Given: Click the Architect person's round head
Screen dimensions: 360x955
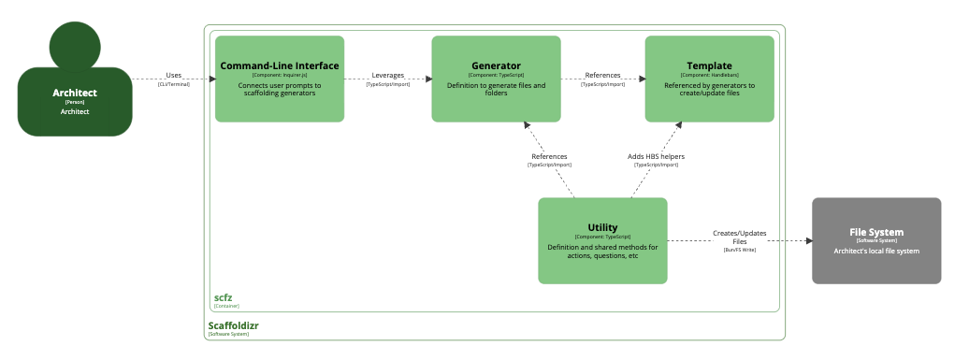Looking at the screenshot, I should (75, 45).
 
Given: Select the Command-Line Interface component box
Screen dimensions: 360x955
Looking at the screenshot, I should (280, 79).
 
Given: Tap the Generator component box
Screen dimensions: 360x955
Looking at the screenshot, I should (496, 79).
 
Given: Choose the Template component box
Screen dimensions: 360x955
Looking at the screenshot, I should (709, 79).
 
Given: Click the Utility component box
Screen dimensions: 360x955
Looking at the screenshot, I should (602, 240).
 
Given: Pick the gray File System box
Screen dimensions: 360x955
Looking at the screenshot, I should (875, 240).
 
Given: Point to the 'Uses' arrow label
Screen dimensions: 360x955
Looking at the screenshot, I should (173, 75).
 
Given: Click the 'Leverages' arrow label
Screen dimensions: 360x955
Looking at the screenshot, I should (387, 75).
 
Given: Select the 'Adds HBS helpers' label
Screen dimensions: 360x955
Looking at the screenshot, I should (656, 156).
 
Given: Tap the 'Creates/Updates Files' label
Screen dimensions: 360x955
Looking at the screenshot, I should (739, 237).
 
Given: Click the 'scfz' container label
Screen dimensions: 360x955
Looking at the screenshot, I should (223, 297).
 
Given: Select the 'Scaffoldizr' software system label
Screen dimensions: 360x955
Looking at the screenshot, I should (233, 325).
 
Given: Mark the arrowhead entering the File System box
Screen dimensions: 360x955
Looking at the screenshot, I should (807, 240).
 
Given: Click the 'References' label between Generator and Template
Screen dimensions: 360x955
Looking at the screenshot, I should (602, 75).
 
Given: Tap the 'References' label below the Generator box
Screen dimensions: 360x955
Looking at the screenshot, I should (549, 156).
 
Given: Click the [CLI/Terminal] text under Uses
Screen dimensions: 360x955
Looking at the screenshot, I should (173, 84).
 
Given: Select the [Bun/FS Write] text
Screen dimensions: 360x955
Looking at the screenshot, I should (739, 251).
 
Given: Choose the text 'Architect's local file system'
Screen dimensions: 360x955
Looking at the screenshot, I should (875, 251).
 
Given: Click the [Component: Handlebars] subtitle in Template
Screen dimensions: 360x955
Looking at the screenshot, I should (709, 75).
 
